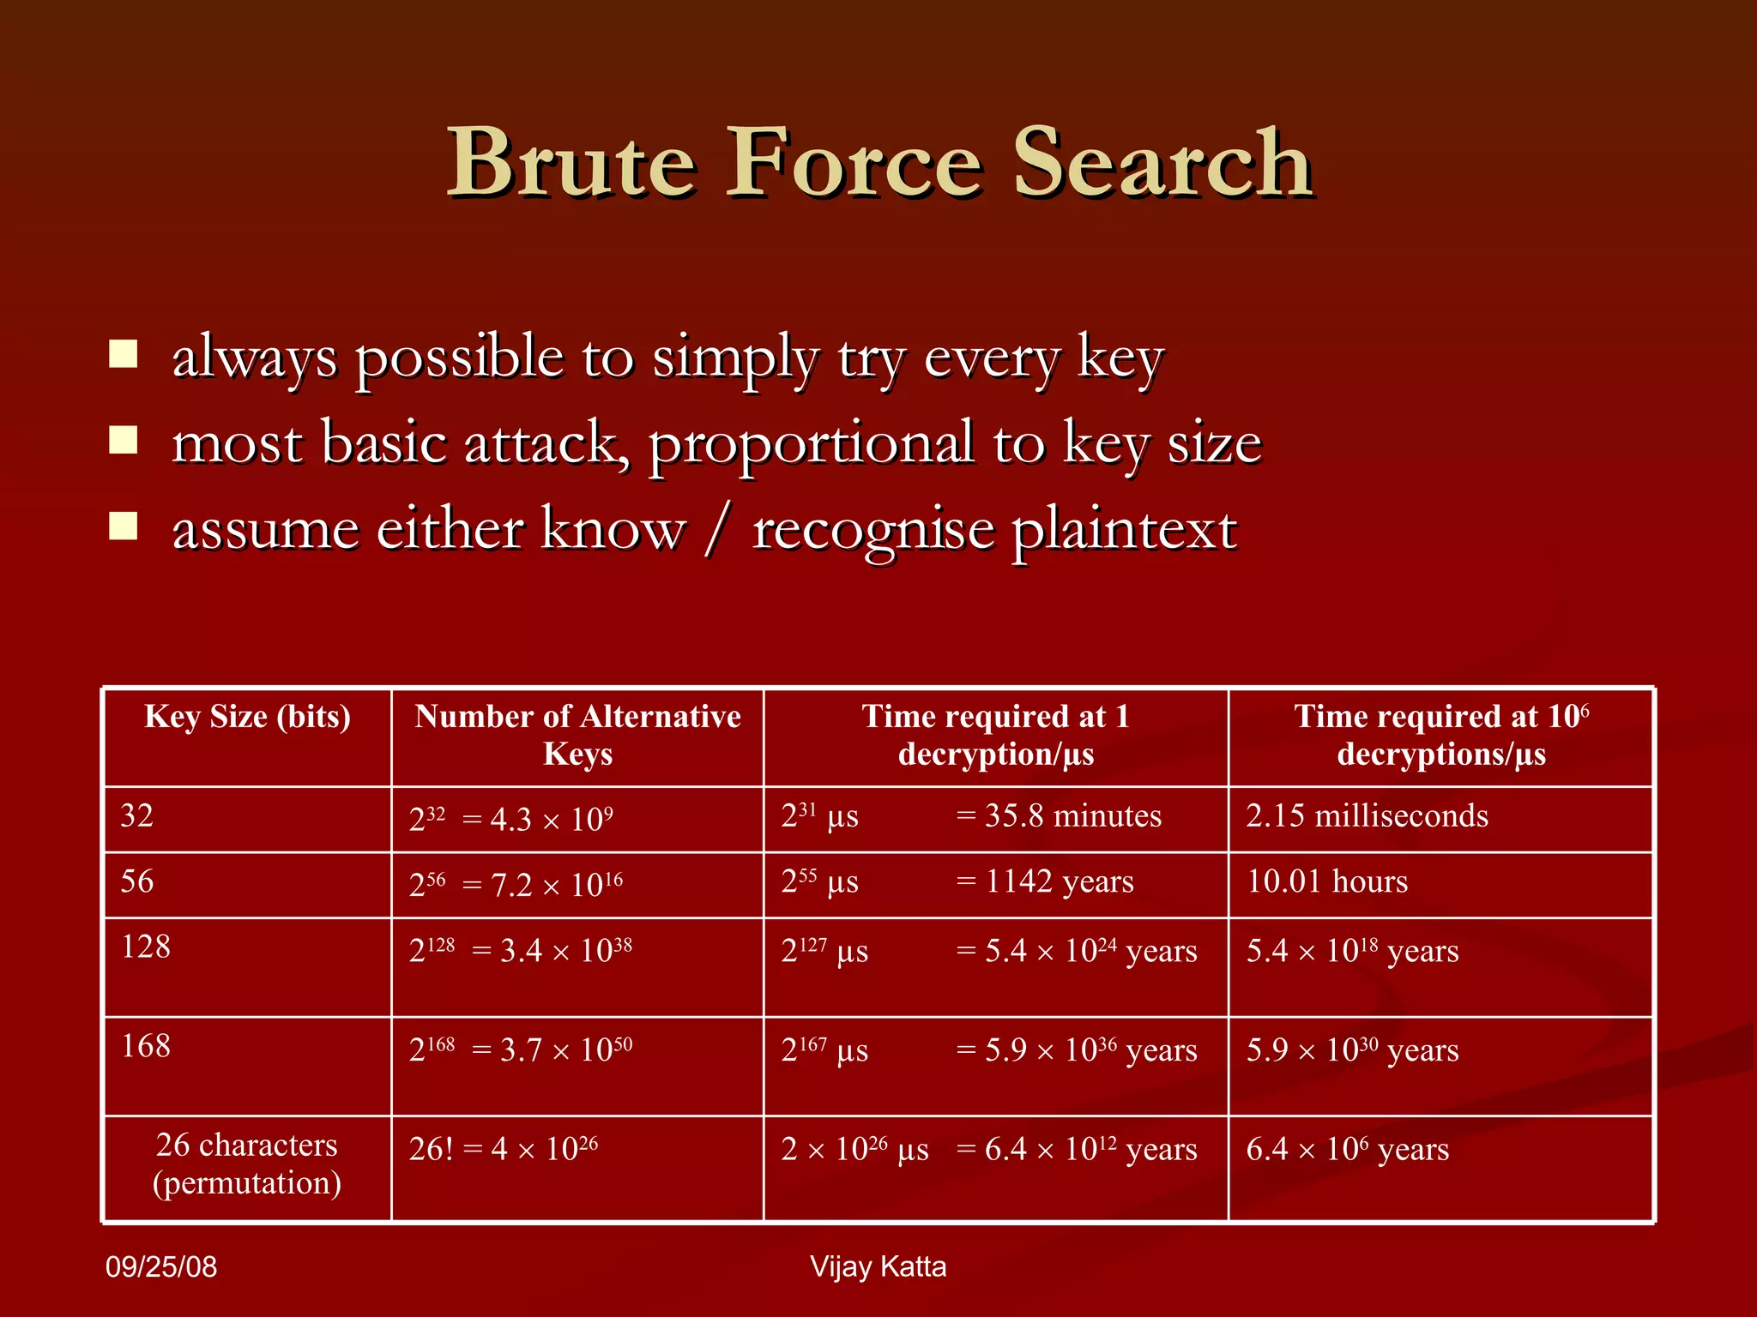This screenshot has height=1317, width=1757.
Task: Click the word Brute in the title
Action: pos(571,163)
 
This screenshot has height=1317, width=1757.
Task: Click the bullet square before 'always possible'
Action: pos(124,354)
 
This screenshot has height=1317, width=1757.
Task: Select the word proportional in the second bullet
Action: pos(811,444)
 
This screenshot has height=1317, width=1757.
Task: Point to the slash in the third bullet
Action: pos(718,529)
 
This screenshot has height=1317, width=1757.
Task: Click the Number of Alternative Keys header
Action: pos(577,735)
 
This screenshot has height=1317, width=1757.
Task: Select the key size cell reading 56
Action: pos(137,882)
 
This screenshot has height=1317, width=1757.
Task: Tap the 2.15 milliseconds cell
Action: pos(1367,816)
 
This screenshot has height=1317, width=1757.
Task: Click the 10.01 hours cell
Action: pos(1327,882)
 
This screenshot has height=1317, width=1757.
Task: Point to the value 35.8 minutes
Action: pos(1072,816)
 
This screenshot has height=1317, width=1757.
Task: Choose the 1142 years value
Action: pos(1060,882)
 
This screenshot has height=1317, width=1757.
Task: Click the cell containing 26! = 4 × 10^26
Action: pos(504,1149)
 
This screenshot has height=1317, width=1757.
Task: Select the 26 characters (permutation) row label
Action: pos(247,1164)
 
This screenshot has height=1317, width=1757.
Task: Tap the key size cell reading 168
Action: pos(146,1047)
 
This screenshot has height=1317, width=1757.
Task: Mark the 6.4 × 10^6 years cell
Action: pos(1347,1149)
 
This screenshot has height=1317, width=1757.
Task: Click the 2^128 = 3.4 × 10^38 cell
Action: pos(521,951)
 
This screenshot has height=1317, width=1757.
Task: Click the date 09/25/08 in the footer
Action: pos(161,1267)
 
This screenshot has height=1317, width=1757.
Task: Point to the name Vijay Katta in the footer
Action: pos(878,1267)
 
